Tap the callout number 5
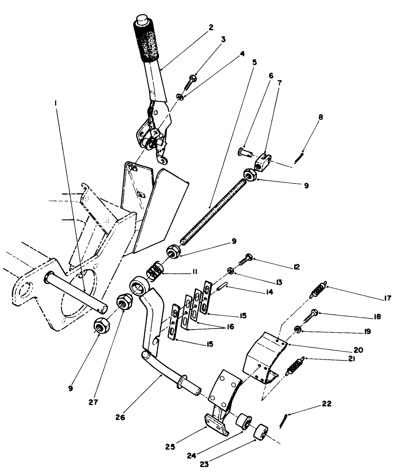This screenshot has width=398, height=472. coord(254,62)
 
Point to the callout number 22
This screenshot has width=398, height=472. coord(326,403)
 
